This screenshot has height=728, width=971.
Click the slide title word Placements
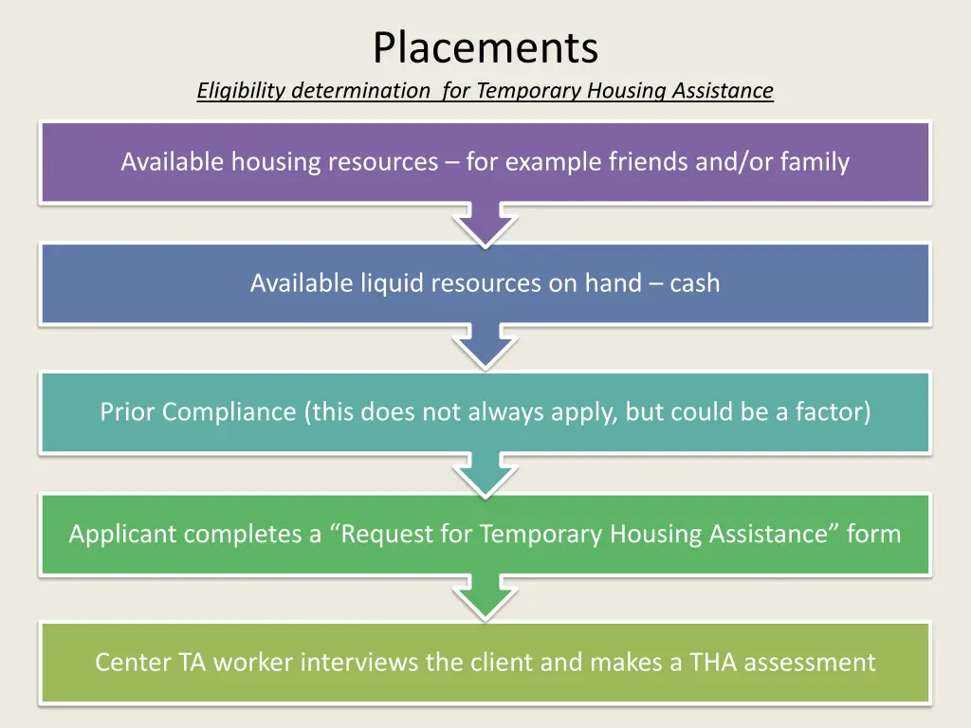(x=485, y=47)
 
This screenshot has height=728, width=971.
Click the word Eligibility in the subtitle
(x=242, y=91)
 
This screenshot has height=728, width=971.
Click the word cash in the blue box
(x=695, y=282)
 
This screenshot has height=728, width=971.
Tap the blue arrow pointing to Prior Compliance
(x=485, y=349)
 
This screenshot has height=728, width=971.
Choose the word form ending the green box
(x=873, y=534)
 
